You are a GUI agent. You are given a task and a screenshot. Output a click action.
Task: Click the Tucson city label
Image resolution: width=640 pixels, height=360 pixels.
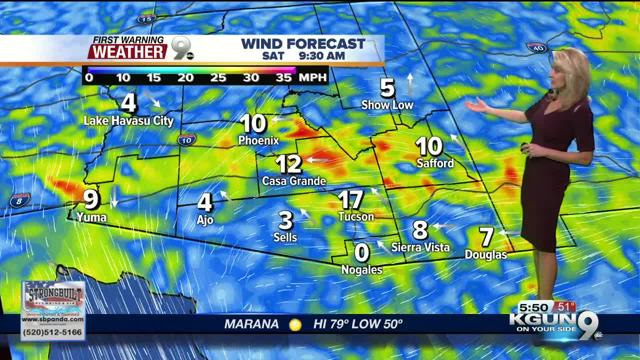(x=356, y=216)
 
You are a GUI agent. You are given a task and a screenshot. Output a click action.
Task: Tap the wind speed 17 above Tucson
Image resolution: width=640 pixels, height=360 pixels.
(x=350, y=200)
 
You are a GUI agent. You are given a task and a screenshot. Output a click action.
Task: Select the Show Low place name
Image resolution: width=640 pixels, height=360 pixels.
(x=387, y=105)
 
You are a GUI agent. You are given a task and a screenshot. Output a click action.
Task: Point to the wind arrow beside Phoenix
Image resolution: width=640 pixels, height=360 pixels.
(x=282, y=119)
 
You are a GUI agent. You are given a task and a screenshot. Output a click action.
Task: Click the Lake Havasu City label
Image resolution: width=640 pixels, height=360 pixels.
(x=128, y=120)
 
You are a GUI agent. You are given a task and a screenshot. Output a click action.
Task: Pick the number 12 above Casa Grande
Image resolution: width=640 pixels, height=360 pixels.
(x=288, y=163)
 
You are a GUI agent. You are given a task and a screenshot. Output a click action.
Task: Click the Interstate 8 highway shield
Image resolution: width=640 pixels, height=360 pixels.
(x=19, y=200)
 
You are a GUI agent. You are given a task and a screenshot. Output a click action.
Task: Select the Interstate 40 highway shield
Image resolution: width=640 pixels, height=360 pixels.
(x=536, y=48)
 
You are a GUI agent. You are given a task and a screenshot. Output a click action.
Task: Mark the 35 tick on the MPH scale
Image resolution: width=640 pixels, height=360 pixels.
(x=283, y=77)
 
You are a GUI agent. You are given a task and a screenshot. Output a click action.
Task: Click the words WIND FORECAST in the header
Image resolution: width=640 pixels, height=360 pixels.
(x=303, y=44)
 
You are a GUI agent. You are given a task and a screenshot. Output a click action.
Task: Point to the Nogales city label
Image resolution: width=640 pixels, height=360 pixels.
(x=361, y=270)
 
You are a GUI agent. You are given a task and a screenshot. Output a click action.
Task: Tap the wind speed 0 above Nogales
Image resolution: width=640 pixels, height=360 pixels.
(x=361, y=253)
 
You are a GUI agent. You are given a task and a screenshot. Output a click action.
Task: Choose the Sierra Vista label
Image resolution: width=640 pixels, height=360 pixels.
(x=420, y=247)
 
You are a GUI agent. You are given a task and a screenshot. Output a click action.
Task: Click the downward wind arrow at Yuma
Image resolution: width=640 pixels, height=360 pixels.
(x=114, y=196)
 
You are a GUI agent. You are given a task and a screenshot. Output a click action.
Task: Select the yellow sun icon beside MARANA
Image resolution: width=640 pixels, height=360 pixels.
(x=295, y=324)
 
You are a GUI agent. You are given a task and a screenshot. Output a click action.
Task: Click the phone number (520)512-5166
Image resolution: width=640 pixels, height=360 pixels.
(x=52, y=331)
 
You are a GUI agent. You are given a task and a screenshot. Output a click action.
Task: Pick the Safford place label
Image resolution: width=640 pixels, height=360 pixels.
(x=435, y=163)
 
